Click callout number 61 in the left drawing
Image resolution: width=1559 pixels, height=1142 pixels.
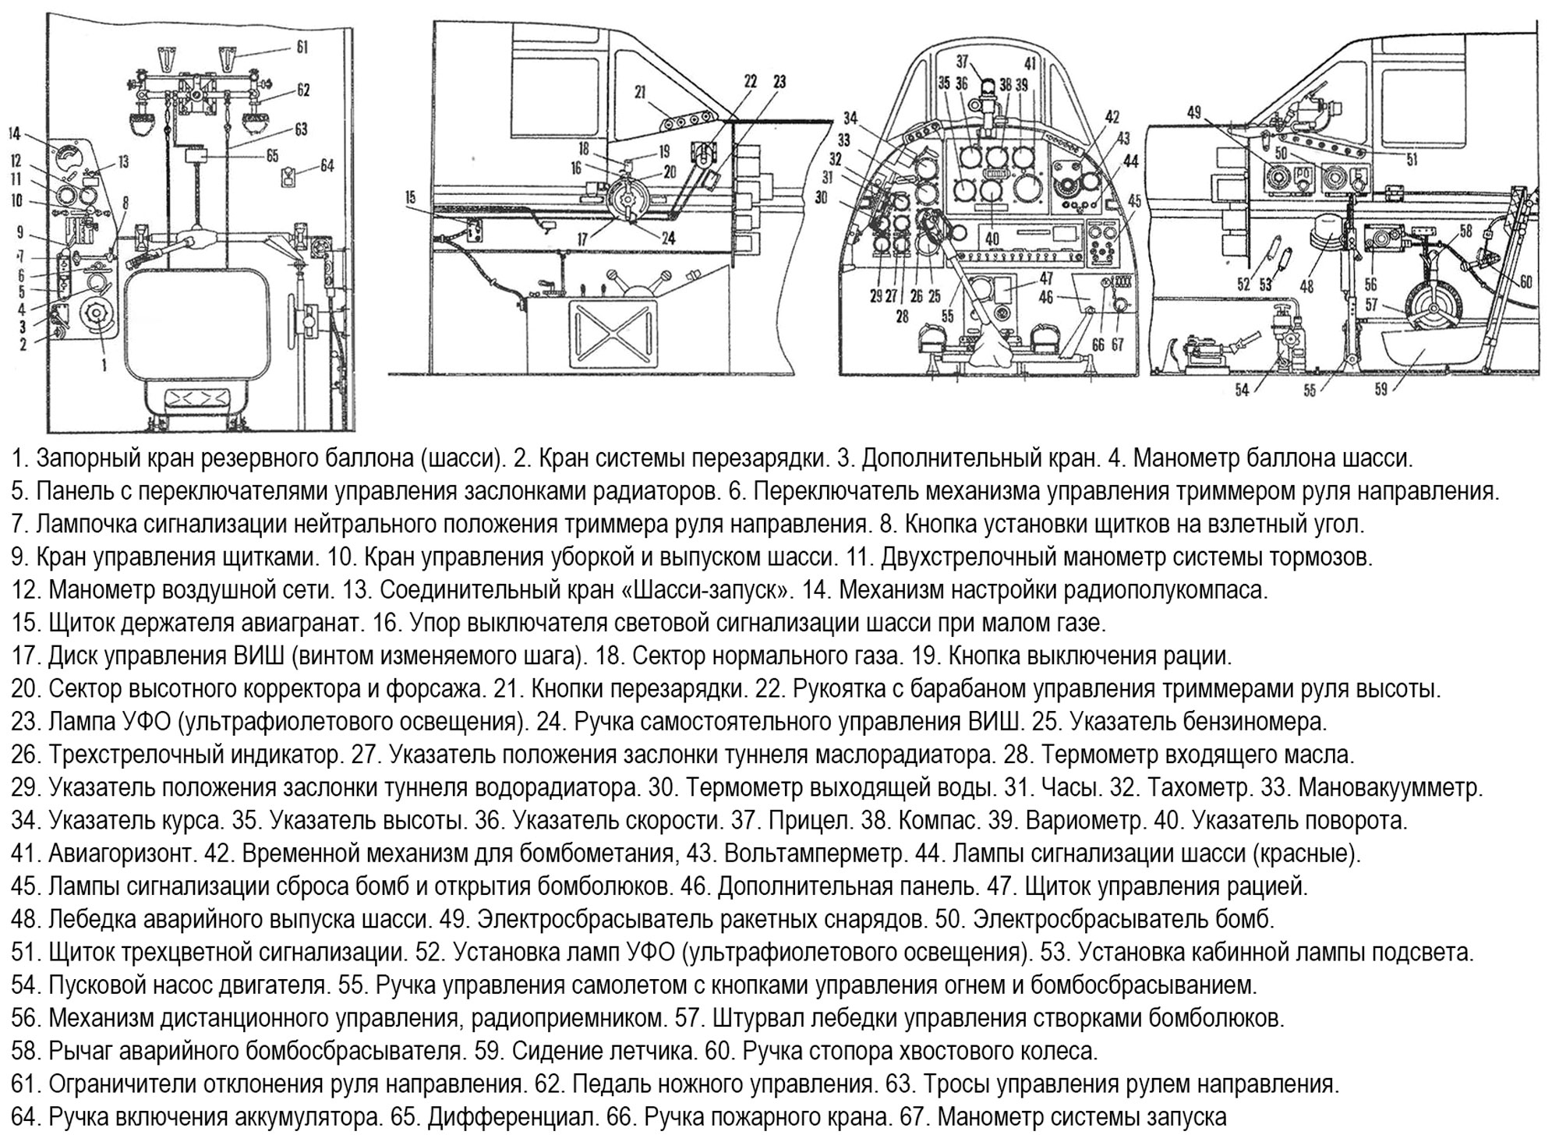(302, 48)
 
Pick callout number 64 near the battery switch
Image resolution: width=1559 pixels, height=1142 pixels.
(327, 165)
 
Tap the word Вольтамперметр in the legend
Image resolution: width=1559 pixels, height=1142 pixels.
(815, 854)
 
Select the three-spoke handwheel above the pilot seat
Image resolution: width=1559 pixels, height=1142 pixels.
(1433, 307)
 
